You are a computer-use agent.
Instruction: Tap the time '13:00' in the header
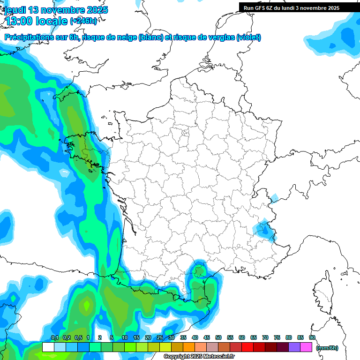22,20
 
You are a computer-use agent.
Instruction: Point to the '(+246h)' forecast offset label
83,21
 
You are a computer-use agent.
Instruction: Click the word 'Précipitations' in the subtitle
27,37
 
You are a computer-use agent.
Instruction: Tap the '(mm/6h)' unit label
327,348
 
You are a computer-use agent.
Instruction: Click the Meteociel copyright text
199,357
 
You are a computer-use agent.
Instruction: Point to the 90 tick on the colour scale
312,337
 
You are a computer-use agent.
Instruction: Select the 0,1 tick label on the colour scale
54,337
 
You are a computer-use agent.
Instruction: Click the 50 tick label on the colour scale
218,337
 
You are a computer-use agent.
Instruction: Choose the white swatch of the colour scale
48,347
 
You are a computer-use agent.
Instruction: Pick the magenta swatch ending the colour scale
306,347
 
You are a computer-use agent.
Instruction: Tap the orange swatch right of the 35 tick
189,347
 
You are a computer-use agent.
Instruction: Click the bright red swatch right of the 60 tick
247,347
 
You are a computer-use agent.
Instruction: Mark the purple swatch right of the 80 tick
294,347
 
